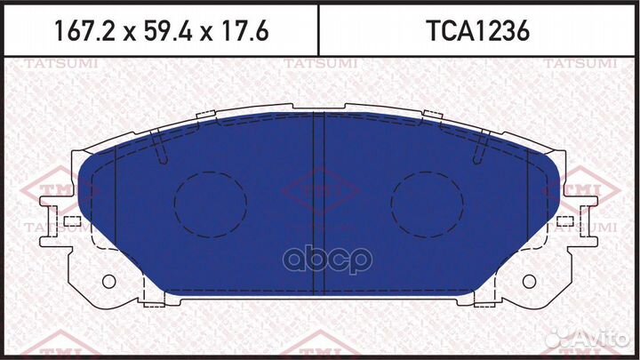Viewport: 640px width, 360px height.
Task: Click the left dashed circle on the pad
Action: coord(211,203)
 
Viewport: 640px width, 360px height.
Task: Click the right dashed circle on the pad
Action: coord(428,203)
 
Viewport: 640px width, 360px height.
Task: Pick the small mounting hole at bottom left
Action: coord(109,282)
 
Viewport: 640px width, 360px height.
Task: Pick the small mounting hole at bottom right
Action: coord(530,282)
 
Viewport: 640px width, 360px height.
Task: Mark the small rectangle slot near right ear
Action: coord(567,219)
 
